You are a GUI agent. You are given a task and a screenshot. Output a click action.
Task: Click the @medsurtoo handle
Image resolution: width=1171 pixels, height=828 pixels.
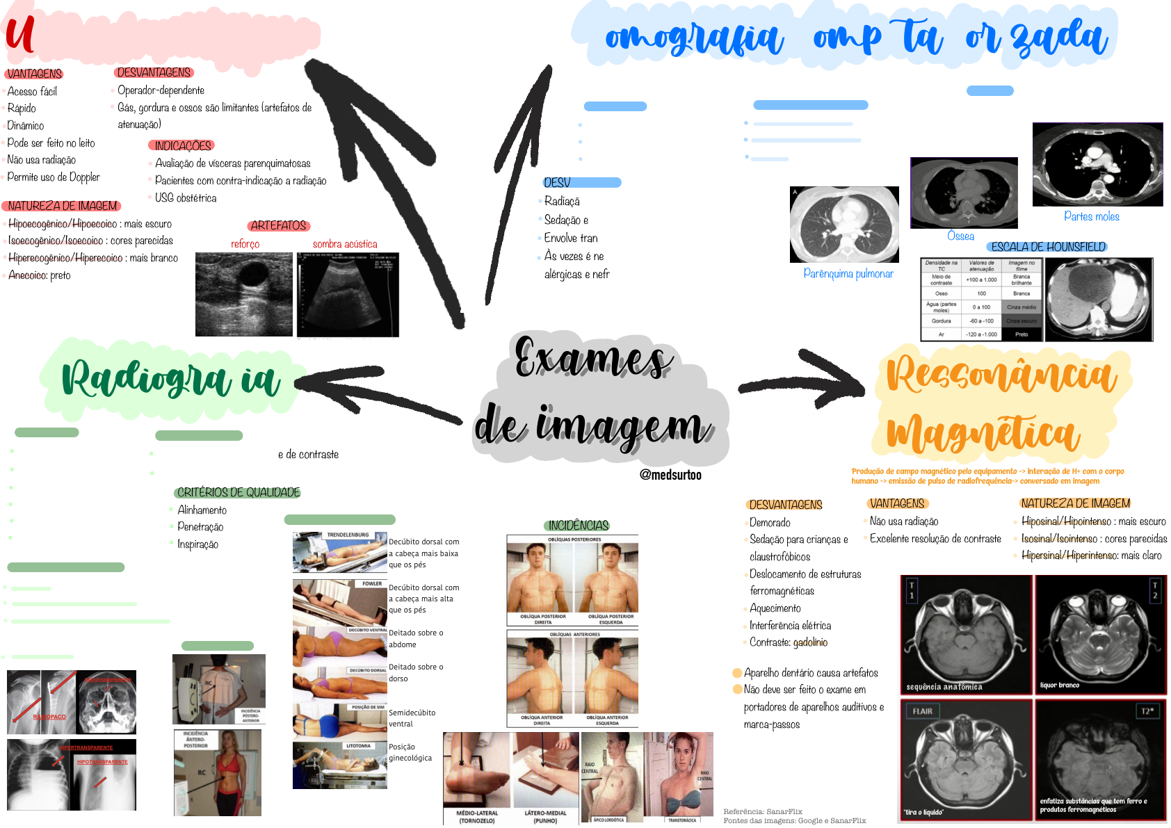click(670, 475)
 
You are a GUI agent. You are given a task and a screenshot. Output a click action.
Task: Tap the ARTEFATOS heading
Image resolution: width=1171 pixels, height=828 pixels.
click(278, 225)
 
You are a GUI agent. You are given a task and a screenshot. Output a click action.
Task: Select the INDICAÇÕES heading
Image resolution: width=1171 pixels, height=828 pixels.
click(182, 145)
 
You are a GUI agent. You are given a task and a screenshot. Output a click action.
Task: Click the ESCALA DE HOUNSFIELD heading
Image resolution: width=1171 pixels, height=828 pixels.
click(1048, 247)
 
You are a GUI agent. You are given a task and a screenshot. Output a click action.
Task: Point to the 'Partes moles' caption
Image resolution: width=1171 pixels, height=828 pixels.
click(1091, 216)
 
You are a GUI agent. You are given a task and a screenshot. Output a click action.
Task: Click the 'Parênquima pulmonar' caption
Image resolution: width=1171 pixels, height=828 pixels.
click(848, 273)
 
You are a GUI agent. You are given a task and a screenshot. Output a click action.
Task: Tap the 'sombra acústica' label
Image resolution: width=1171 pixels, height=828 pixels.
click(345, 244)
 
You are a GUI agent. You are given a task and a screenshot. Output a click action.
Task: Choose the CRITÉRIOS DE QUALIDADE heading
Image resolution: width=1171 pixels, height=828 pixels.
click(239, 492)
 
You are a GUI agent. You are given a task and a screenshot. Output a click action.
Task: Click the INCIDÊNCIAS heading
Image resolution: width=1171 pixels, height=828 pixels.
click(578, 526)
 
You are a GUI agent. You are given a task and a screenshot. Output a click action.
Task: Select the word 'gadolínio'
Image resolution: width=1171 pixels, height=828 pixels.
click(810, 642)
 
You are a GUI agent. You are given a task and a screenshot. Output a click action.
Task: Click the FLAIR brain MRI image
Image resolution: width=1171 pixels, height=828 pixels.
click(964, 760)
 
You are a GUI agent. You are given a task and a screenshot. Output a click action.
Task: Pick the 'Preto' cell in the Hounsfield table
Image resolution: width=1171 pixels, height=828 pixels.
click(1021, 334)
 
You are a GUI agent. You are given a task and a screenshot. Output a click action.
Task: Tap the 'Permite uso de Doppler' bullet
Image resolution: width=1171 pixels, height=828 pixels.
click(54, 177)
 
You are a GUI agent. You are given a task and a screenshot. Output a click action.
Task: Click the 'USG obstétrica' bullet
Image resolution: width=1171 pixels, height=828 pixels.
click(186, 198)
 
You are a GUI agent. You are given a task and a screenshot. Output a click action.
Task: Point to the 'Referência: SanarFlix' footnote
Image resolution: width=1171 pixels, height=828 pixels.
click(763, 811)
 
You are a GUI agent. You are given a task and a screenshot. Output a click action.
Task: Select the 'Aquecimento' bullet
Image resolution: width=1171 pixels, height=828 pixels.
click(775, 608)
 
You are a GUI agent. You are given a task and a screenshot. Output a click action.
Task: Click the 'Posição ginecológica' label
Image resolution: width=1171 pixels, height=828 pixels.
click(410, 752)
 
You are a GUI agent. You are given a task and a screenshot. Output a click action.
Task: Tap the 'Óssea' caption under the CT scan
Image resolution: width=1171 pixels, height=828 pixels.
click(960, 236)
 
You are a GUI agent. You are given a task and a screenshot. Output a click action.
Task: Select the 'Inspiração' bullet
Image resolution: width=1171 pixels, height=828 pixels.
click(197, 544)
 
